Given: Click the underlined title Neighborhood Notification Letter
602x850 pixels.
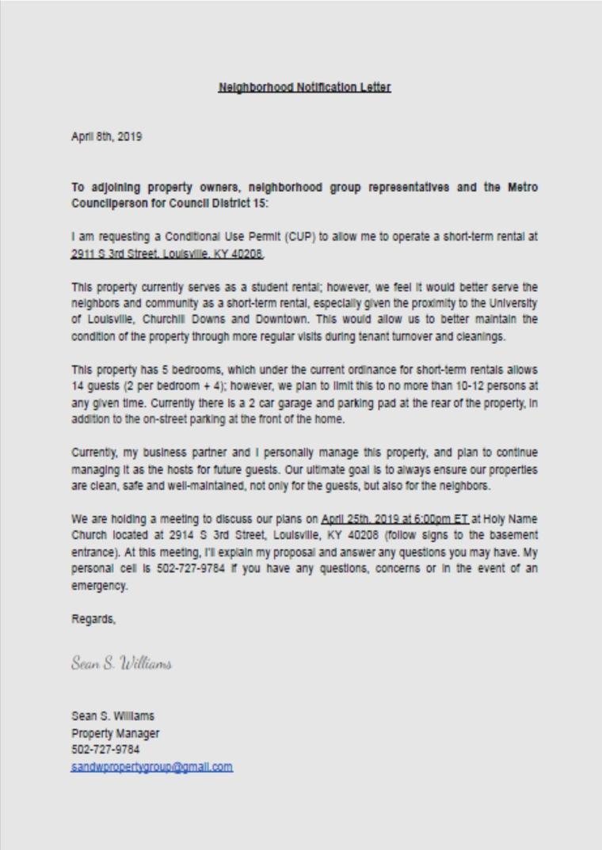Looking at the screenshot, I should [304, 87].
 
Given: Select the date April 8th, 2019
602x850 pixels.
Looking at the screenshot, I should [106, 136].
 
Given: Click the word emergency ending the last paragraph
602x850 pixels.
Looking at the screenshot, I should [99, 586].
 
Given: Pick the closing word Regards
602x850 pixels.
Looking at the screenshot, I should [93, 619].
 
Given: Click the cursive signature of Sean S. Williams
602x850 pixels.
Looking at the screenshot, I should [121, 663].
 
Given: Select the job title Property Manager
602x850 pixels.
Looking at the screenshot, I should [115, 733].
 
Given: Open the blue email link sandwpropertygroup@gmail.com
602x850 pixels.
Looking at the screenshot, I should [151, 767].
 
